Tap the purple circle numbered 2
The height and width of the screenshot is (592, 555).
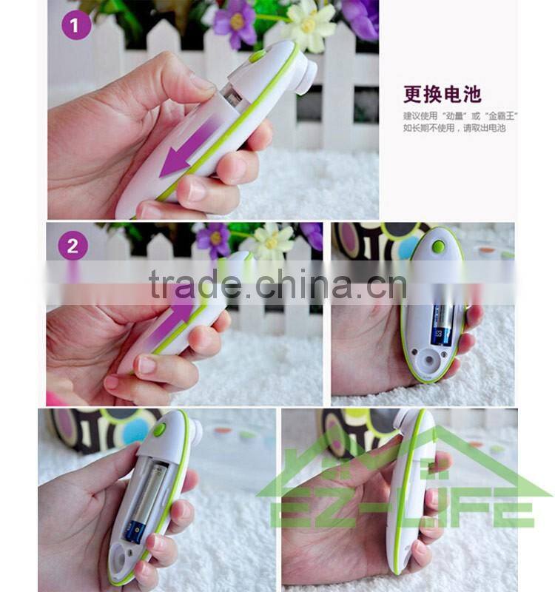[73, 246]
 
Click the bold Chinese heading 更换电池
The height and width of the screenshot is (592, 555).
[442, 94]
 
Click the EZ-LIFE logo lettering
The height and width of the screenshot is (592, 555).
[404, 510]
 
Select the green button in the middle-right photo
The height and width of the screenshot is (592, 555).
[439, 247]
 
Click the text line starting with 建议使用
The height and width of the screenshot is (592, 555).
[460, 115]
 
